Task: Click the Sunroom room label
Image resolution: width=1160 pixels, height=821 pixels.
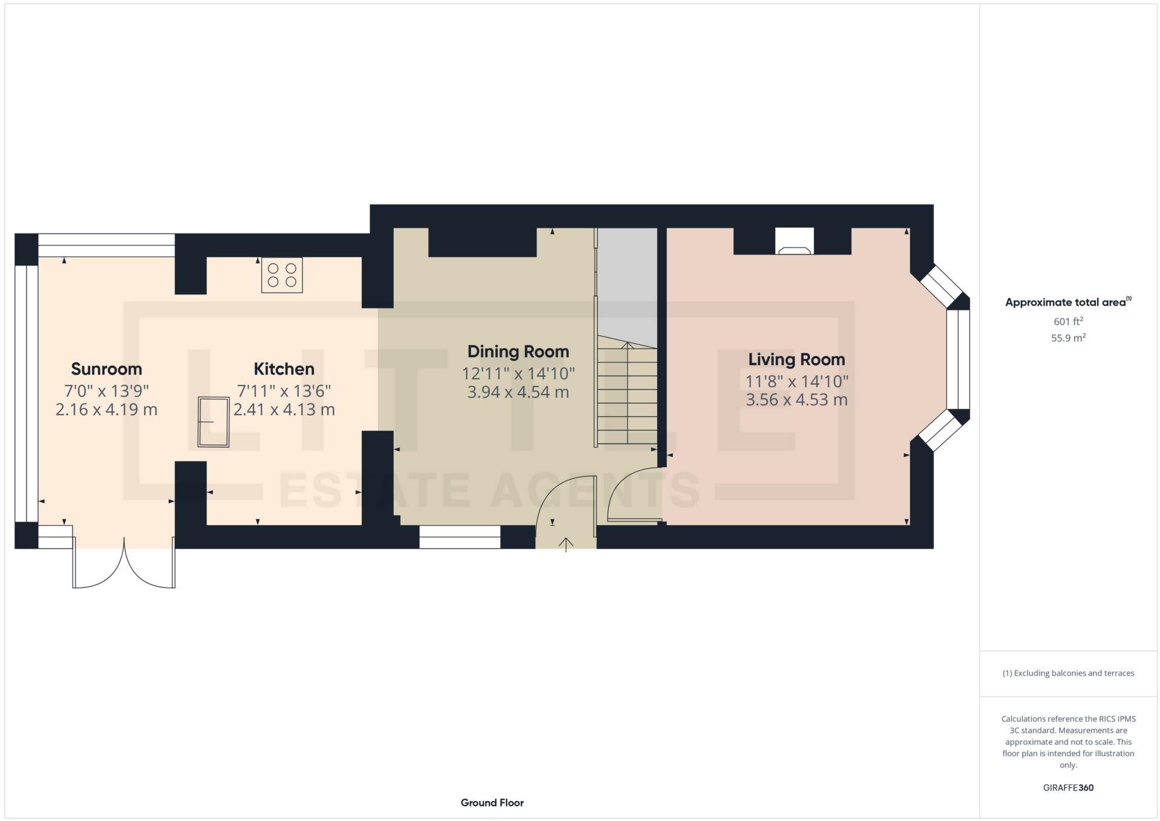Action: [106, 368]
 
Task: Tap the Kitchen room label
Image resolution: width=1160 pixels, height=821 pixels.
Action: [283, 368]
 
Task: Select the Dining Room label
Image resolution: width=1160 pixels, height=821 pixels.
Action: [518, 351]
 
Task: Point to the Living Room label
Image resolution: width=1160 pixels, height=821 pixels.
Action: [796, 359]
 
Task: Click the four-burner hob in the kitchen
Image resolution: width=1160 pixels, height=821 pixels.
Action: [282, 275]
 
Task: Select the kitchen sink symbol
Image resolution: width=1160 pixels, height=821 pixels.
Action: [214, 422]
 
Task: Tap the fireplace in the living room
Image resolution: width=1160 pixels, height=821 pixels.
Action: [794, 242]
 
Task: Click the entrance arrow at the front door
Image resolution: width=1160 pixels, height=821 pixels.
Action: [566, 544]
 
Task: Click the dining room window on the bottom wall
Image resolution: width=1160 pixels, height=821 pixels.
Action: [459, 537]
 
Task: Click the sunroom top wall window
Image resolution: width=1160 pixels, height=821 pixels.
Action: [106, 245]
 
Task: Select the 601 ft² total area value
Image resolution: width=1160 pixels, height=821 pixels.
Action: [1068, 321]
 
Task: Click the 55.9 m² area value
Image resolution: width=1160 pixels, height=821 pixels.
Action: [1068, 338]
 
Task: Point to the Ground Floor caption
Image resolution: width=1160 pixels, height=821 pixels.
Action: [492, 802]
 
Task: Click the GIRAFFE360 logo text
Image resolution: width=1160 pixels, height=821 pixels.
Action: [1068, 787]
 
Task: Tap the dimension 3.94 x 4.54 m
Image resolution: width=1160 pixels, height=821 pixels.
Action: [518, 392]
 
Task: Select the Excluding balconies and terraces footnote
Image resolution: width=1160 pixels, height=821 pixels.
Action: [1068, 673]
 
